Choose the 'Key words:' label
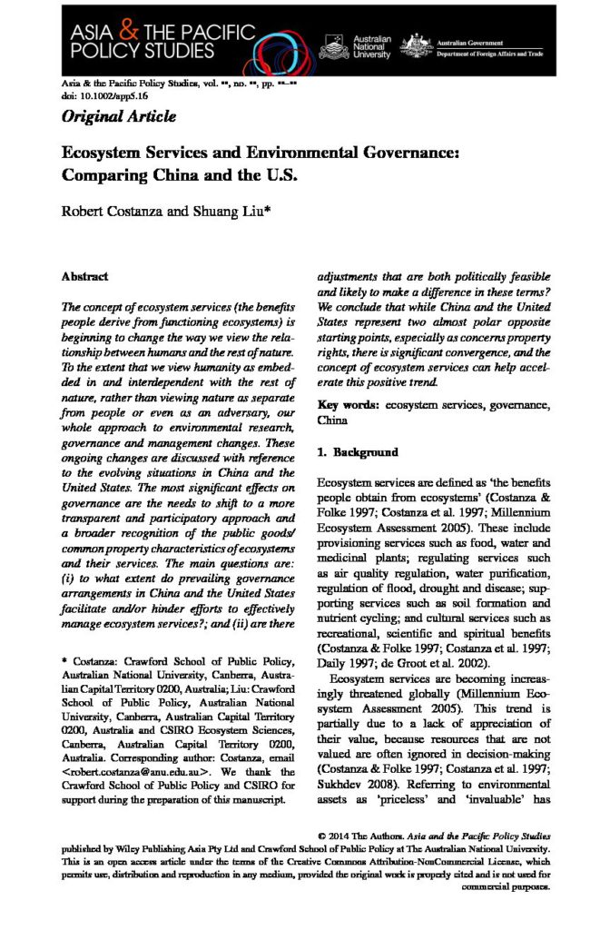pyautogui.click(x=348, y=406)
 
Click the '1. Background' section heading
pyautogui.click(x=357, y=451)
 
